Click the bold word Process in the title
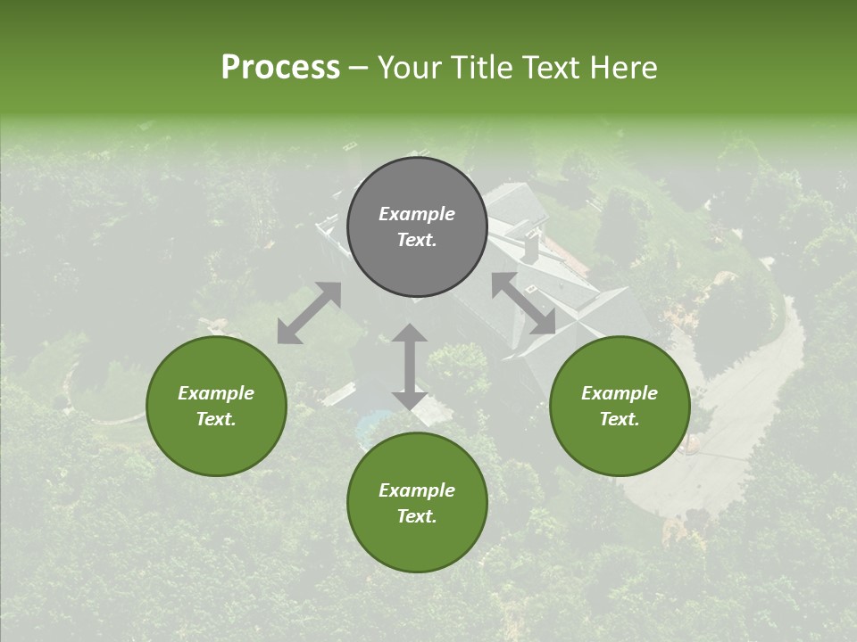[280, 68]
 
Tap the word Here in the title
[623, 68]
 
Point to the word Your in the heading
[412, 68]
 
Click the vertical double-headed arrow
[410, 366]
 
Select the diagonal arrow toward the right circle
[523, 303]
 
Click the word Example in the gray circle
[417, 214]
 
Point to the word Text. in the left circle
[216, 419]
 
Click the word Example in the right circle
[619, 393]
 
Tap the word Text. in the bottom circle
[417, 516]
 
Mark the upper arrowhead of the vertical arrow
[410, 333]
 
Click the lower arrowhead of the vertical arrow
[410, 400]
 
